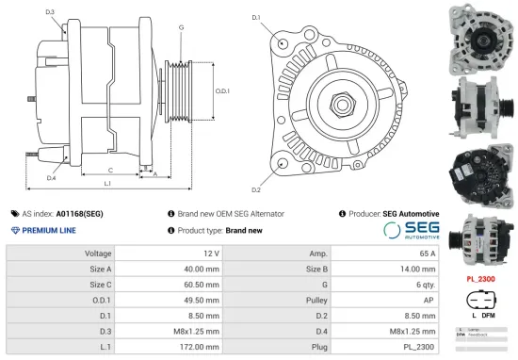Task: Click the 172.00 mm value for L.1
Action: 200,348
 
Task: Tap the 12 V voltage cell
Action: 210,254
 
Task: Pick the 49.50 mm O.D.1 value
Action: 200,301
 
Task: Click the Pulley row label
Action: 316,301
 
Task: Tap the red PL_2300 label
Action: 481,279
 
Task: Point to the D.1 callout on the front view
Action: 257,17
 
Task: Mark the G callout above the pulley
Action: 181,27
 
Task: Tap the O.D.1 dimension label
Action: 222,90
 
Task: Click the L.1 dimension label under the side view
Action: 107,183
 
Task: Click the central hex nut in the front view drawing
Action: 339,99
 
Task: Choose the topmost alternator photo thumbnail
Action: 480,36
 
